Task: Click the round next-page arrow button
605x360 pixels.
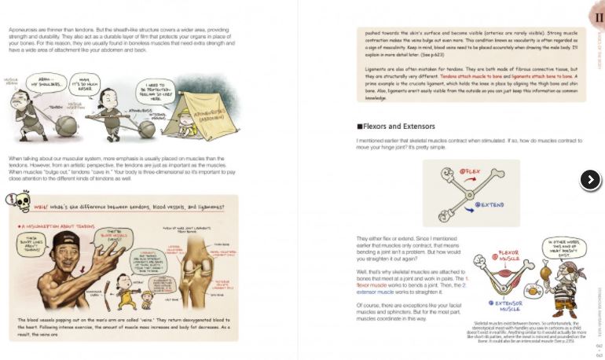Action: pos(589,180)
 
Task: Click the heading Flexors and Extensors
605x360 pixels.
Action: pos(391,126)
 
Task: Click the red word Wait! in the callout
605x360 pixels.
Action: pos(40,206)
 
